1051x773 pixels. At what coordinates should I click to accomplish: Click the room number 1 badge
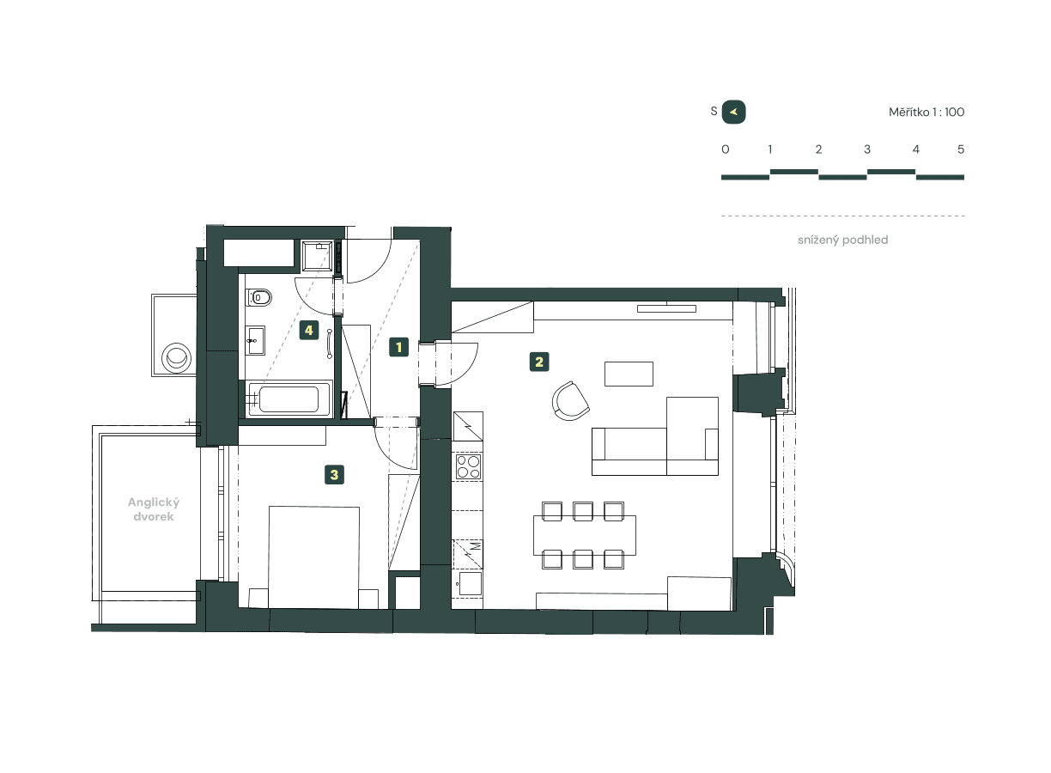click(398, 347)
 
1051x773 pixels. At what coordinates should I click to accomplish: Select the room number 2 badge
click(538, 362)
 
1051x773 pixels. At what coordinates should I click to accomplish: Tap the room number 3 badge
click(334, 473)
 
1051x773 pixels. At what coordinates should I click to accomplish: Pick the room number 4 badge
click(309, 331)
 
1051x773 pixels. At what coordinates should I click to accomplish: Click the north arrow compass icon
click(734, 112)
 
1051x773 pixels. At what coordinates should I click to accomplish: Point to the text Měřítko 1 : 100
click(926, 113)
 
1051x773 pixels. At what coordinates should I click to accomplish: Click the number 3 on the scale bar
click(867, 149)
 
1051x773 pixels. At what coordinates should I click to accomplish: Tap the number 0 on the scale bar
click(726, 149)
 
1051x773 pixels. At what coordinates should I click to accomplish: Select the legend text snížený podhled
click(842, 240)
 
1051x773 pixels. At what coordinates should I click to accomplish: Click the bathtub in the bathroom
click(289, 399)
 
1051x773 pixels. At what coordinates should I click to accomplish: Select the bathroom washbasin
click(256, 341)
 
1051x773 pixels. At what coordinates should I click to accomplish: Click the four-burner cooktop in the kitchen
click(468, 466)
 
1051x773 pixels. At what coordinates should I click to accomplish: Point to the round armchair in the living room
click(571, 401)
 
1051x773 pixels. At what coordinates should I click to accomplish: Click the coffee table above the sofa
click(629, 374)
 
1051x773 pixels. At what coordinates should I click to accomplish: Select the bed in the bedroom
click(313, 556)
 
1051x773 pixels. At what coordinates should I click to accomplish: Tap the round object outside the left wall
click(178, 356)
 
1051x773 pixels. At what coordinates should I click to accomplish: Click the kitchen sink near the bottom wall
click(469, 584)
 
